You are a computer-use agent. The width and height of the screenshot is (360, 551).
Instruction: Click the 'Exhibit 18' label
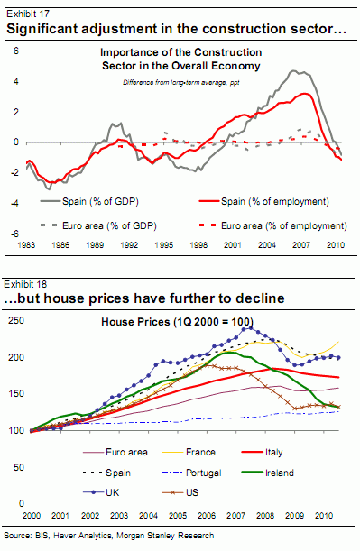point(26,283)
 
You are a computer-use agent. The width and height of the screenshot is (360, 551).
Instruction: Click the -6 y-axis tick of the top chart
point(14,234)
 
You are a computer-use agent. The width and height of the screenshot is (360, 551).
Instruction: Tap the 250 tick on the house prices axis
point(15,321)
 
